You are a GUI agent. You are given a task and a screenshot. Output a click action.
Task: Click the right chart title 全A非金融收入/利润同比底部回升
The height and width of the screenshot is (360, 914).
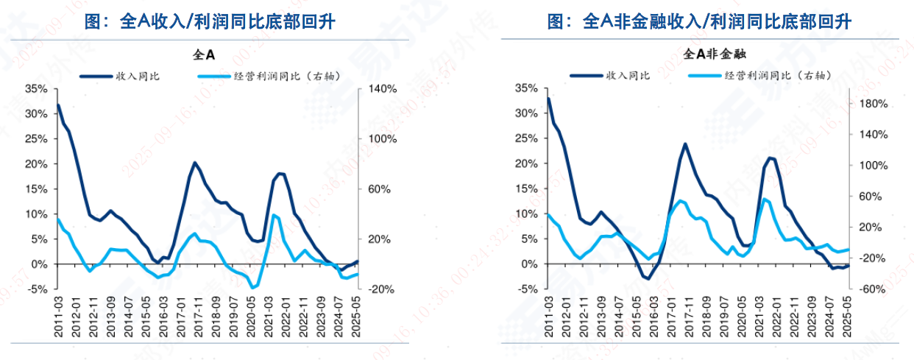699,22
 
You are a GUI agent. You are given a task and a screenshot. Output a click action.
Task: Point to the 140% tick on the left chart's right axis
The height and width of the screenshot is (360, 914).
383,88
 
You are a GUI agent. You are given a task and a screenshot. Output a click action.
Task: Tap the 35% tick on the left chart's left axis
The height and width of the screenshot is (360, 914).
36,88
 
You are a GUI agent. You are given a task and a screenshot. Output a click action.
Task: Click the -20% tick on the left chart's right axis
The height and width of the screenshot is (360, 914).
382,289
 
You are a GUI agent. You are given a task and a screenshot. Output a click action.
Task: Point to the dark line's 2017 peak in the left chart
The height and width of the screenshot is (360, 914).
195,163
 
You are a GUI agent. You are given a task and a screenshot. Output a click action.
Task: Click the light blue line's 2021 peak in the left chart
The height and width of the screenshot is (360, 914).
274,215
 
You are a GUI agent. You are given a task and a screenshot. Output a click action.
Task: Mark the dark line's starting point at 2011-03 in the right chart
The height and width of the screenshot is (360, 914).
548,99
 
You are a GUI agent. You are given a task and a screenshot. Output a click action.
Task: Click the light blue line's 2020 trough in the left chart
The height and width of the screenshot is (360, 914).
252,288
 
